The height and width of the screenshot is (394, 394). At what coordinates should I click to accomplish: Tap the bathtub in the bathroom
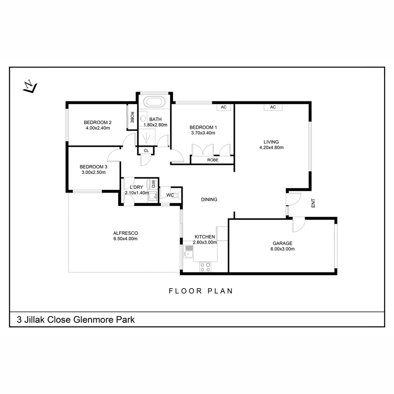tap(154, 102)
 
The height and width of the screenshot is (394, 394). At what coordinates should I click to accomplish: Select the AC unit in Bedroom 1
tap(224, 107)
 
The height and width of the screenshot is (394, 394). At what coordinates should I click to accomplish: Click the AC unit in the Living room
tap(273, 107)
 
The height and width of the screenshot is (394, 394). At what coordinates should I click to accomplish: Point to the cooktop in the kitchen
tap(205, 267)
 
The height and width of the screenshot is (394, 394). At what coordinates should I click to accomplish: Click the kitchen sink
tap(188, 251)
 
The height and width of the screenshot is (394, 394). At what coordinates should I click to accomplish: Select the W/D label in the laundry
tap(153, 184)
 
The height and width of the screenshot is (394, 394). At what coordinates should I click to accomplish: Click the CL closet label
tap(146, 151)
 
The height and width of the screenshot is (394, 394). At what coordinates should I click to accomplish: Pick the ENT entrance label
tap(313, 203)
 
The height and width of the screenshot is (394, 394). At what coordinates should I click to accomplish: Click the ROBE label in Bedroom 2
tap(132, 117)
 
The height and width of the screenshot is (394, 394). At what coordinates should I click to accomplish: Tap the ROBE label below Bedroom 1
tap(213, 160)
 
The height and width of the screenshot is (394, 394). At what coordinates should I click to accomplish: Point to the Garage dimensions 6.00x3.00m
tap(282, 249)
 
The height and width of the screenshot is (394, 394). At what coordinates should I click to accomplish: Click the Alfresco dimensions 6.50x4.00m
tap(125, 239)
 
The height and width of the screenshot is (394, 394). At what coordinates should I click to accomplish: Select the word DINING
tap(209, 200)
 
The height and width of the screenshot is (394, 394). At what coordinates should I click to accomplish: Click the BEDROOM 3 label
tap(93, 167)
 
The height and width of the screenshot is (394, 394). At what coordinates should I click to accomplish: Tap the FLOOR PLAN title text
tap(201, 291)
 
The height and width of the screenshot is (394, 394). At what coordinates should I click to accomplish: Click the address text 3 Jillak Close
tap(44, 320)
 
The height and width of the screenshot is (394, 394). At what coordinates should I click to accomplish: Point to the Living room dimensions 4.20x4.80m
tap(271, 147)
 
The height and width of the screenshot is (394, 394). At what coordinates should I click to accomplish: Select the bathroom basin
tap(143, 118)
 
